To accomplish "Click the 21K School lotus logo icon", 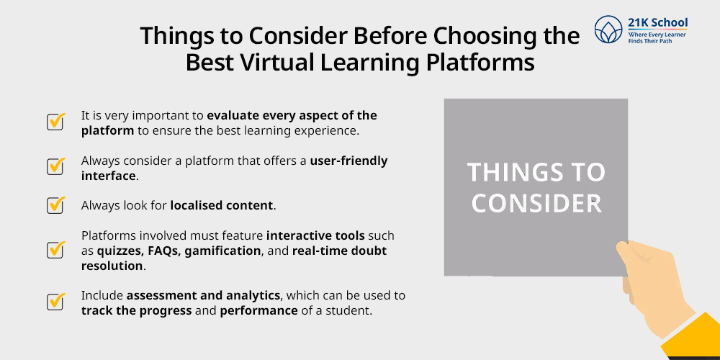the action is (608, 30).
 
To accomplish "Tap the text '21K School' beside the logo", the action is (657, 23).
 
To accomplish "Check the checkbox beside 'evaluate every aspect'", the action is (55, 121).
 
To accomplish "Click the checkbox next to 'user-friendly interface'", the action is (55, 166).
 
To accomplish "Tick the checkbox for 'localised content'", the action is (55, 204).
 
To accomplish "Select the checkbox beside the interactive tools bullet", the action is (55, 249).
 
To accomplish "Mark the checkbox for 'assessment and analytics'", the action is (55, 301).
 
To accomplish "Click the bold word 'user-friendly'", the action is (349, 161).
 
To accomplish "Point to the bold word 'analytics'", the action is (257, 294).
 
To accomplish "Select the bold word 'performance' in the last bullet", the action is (259, 310).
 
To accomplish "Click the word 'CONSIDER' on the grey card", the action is (536, 204).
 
